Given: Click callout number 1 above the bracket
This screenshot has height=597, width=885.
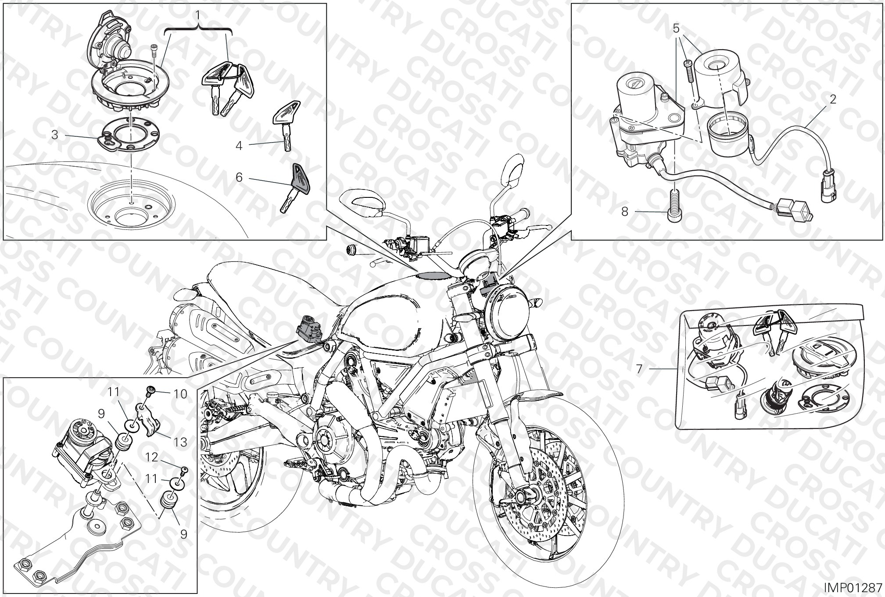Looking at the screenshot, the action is pos(198,16).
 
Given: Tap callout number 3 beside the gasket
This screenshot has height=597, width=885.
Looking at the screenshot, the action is pos(55,135).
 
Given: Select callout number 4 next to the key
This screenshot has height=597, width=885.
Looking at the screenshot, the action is pos(239,145).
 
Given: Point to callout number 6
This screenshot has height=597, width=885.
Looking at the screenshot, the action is pos(239,177).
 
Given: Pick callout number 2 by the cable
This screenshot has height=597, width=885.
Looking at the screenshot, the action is pos(832,100).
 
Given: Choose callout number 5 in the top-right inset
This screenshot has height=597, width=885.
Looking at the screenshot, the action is pos(676,29).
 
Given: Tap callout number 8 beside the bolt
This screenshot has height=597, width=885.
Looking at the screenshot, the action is pos(625,212).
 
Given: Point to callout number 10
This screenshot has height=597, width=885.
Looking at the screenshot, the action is pos(180,394).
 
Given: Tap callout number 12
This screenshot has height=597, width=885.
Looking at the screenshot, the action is pos(152,458).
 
